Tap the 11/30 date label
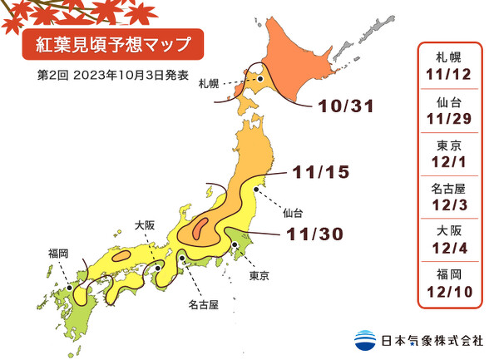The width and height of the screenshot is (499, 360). (x=314, y=235)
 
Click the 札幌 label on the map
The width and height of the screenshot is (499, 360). (x=210, y=84)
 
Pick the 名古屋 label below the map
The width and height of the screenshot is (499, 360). (x=202, y=305)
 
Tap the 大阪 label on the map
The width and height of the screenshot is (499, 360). (x=145, y=224)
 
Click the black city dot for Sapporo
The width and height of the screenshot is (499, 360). (x=260, y=79)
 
